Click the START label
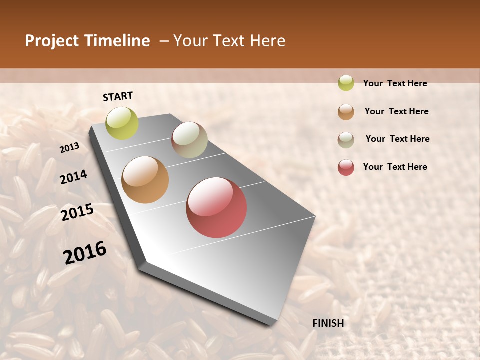click(118, 96)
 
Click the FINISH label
click(328, 323)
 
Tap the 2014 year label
click(73, 177)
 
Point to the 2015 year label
click(77, 212)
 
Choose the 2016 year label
click(85, 253)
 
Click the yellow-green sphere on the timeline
click(122, 123)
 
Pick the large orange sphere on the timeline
click(145, 180)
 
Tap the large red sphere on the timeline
click(216, 207)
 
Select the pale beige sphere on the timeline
click(189, 140)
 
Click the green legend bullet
click(346, 83)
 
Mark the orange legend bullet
click(346, 112)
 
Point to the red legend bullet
click(346, 167)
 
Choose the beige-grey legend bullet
click(346, 140)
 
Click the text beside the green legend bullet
click(395, 84)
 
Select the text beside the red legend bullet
click(395, 167)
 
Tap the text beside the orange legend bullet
click(396, 111)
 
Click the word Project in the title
click(52, 41)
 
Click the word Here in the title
click(267, 41)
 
